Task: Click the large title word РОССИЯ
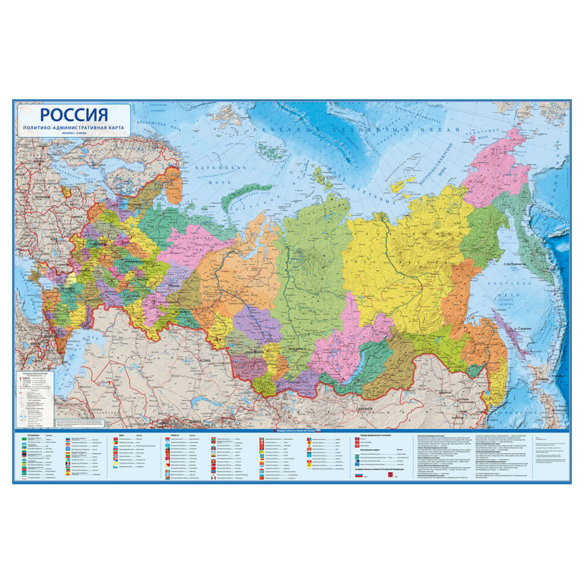(74, 114)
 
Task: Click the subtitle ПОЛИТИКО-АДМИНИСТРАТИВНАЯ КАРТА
(74, 129)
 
